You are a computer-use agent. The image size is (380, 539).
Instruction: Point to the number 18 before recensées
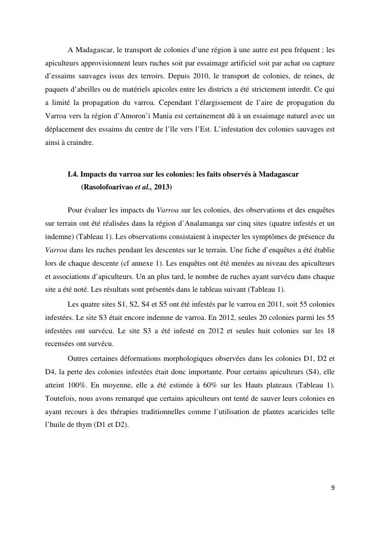(330, 330)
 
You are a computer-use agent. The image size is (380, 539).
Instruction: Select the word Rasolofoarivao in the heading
(107, 187)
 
